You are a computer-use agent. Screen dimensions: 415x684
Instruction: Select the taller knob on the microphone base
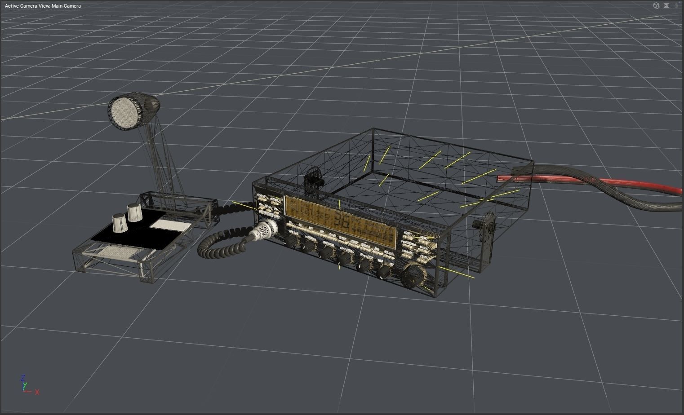click(x=134, y=212)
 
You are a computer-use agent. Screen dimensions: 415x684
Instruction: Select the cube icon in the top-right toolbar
click(x=656, y=5)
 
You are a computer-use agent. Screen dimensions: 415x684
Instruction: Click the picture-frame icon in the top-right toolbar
click(x=666, y=5)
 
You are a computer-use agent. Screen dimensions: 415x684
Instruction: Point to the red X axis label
click(x=37, y=392)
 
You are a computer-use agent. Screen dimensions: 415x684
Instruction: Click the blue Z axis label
click(x=23, y=378)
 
